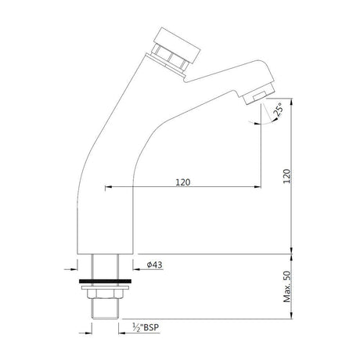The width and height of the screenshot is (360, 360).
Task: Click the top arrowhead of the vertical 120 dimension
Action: click(293, 103)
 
